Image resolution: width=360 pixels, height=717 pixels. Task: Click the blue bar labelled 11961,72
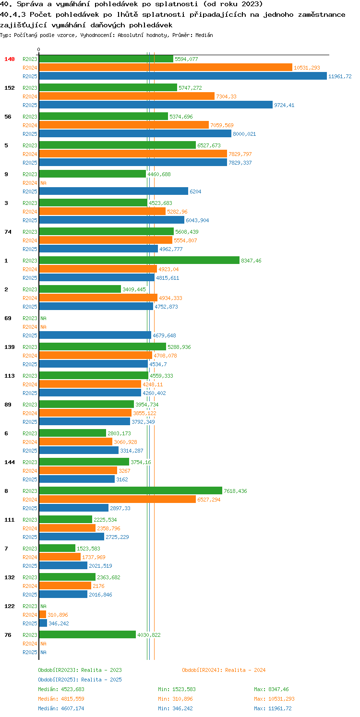183,76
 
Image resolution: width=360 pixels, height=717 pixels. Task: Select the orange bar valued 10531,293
166,67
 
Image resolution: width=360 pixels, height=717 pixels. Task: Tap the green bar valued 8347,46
139,260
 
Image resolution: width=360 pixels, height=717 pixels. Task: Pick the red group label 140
10,59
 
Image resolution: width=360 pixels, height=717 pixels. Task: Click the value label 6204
195,191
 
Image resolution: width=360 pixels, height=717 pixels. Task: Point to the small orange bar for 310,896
43,615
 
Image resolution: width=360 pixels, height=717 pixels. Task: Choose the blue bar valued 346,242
43,623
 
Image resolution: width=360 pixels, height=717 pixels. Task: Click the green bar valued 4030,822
87,634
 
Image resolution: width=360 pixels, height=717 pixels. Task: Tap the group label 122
10,606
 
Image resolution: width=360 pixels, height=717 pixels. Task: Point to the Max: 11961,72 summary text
273,708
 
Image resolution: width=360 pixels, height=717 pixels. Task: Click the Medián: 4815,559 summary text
61,699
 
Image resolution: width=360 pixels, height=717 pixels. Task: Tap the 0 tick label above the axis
39,49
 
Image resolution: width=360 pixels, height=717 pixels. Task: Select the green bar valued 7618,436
131,490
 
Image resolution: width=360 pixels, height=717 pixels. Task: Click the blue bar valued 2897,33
73,508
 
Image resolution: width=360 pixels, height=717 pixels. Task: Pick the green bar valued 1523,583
57,548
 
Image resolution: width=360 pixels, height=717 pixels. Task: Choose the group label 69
8,318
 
